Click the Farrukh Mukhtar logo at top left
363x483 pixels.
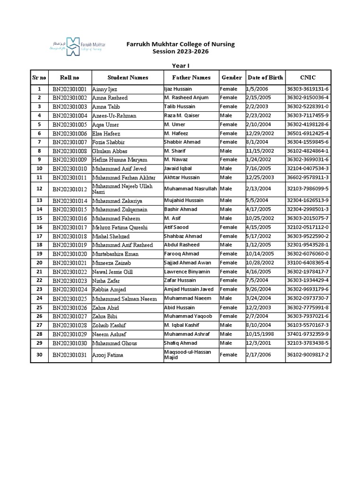coord(78,46)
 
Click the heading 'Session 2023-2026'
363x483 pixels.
coord(180,51)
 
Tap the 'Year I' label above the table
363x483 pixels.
coord(181,66)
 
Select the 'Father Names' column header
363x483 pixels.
coord(191,77)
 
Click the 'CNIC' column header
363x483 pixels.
coord(308,77)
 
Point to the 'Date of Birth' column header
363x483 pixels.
coord(265,77)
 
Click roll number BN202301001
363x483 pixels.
coord(69,89)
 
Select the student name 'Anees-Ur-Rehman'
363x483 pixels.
coord(114,116)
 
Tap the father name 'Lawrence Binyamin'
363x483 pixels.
coord(187,272)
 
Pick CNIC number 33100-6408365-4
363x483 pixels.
coord(308,263)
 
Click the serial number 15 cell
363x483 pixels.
coord(39,218)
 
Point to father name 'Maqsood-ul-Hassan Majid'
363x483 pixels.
coord(188,355)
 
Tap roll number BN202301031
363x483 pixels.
coord(69,355)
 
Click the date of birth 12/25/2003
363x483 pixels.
coord(259,177)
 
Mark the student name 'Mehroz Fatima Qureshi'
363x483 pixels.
coord(120,227)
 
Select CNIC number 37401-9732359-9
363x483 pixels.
coord(308,334)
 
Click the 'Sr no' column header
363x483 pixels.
coord(39,77)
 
